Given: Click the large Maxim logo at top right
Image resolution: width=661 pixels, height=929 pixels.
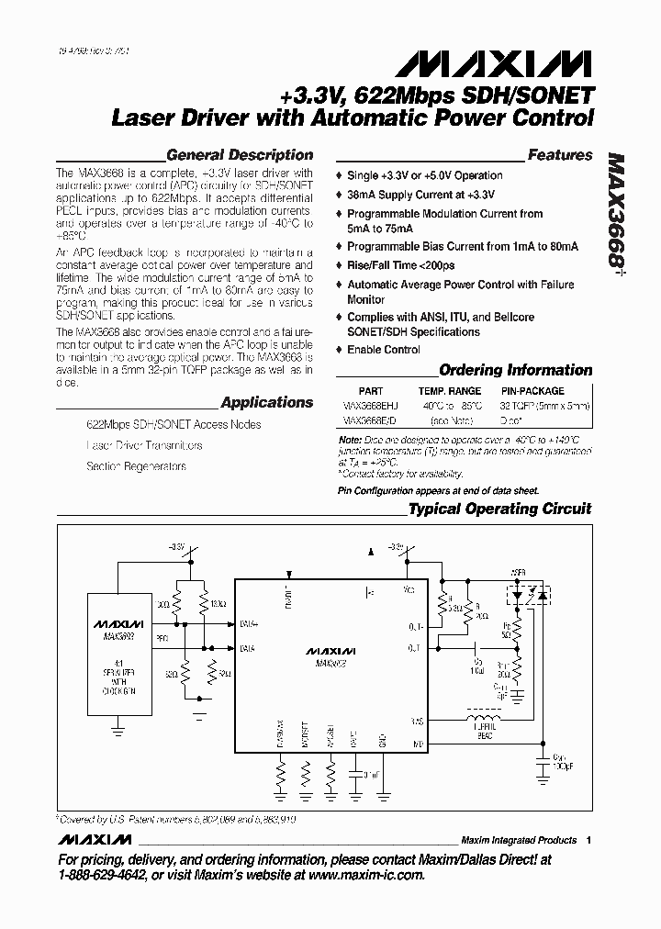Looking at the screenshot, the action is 494,63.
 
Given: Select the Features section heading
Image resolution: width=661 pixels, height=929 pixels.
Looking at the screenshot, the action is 560,155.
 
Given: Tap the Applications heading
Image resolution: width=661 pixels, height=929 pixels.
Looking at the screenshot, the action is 267,402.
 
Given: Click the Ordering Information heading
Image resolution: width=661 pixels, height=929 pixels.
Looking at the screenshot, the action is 516,370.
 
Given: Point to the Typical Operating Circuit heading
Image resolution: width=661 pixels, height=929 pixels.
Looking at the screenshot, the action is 499,509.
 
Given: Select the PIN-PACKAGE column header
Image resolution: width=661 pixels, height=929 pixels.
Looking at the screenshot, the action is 533,391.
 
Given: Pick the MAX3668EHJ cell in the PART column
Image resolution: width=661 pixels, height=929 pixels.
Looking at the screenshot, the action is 371,406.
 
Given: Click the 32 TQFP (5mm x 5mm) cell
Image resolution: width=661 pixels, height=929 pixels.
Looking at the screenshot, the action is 544,406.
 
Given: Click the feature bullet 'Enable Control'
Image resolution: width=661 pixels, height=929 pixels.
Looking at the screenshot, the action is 384,350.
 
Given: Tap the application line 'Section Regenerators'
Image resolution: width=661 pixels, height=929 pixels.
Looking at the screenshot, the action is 136,466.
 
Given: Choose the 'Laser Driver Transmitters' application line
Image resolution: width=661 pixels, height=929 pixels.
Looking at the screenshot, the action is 144,445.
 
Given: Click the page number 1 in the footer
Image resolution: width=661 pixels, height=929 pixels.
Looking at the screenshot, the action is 588,840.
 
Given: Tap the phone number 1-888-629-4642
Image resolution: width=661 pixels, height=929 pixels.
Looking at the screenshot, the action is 106,876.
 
